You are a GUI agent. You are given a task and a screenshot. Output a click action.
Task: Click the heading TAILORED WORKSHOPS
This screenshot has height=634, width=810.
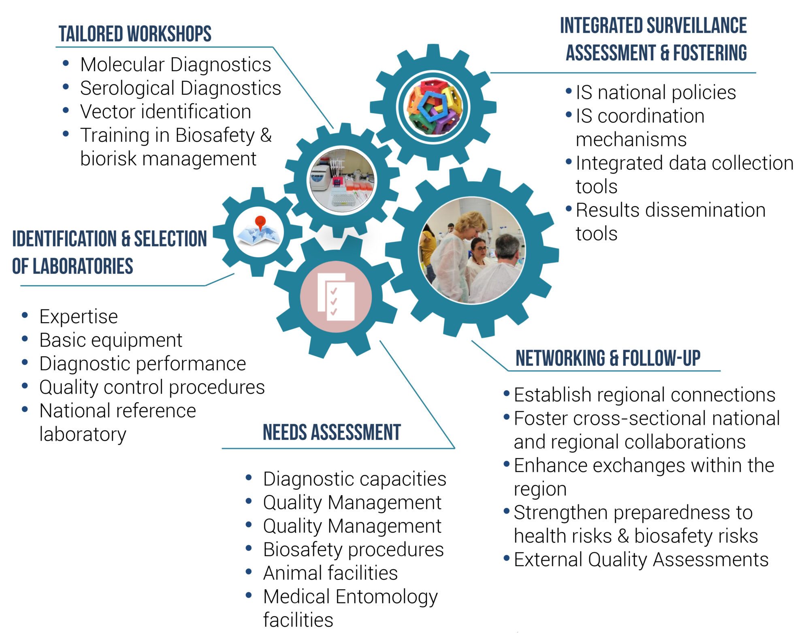135,34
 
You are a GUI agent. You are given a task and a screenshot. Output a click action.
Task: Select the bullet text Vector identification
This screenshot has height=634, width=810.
165,111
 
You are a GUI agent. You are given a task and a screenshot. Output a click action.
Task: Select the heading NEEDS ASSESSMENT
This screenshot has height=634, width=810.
332,432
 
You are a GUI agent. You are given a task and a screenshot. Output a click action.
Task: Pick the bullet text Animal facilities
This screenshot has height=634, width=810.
330,573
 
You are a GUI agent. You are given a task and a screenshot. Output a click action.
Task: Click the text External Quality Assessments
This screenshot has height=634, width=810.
641,559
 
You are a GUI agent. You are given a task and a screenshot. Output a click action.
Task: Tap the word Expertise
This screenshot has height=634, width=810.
79,316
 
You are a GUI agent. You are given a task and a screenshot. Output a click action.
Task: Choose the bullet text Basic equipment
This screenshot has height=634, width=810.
111,340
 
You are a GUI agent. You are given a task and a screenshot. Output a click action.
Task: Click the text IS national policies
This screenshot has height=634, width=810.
655,92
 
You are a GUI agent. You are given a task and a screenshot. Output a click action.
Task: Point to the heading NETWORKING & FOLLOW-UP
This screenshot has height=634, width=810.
608,358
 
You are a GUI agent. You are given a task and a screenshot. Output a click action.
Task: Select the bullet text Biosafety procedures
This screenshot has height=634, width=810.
353,549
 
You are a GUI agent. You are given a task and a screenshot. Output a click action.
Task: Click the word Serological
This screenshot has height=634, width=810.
127,88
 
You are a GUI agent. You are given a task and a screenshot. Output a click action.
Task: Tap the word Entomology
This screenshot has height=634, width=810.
386,597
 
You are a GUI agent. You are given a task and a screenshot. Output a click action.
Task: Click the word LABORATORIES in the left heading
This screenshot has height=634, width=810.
83,266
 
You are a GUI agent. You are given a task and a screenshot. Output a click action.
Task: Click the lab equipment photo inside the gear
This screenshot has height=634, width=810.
342,180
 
